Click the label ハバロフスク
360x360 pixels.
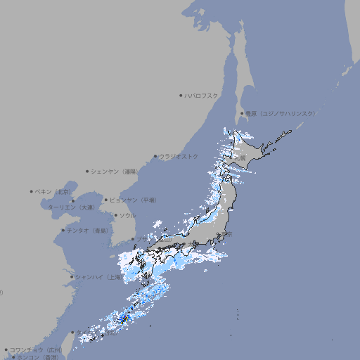click(x=202, y=95)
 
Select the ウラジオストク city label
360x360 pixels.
click(x=179, y=156)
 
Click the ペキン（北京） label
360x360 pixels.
click(x=54, y=191)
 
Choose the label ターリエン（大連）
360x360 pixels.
click(x=70, y=207)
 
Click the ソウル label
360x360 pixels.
click(x=127, y=215)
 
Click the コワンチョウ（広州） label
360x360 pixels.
click(x=35, y=349)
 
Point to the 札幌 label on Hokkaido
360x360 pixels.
click(x=240, y=159)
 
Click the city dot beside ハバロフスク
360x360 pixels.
click(x=181, y=95)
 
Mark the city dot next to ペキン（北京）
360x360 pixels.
click(x=32, y=191)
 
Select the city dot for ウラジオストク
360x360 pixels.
click(x=155, y=156)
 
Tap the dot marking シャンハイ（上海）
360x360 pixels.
click(x=72, y=277)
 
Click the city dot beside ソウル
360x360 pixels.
click(x=115, y=215)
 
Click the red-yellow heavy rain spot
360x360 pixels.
click(x=125, y=320)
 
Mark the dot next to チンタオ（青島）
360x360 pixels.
click(x=63, y=230)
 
